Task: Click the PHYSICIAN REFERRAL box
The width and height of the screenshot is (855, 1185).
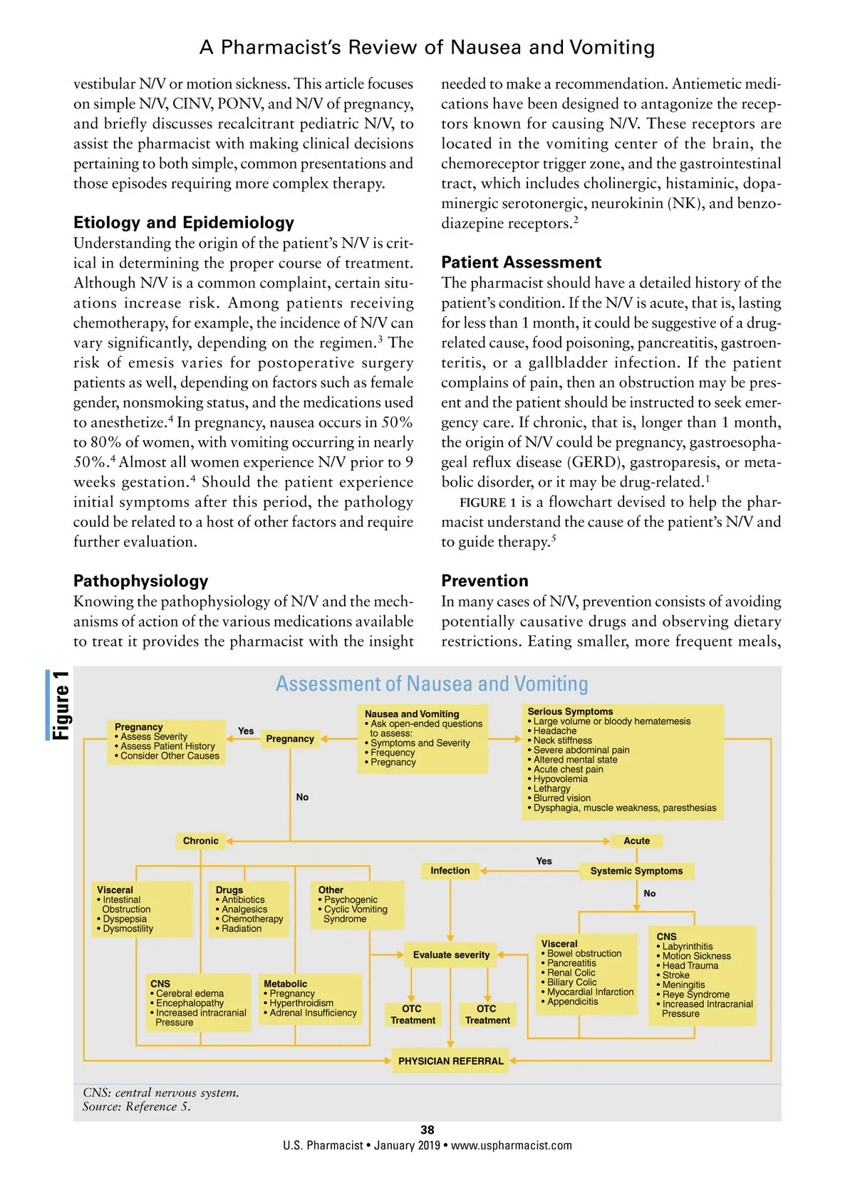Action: [450, 1060]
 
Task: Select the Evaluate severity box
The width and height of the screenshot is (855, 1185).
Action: [451, 954]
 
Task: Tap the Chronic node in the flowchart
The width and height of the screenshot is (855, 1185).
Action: [200, 840]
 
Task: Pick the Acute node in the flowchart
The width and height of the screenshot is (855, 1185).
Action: [636, 840]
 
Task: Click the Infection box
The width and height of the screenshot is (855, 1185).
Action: [450, 870]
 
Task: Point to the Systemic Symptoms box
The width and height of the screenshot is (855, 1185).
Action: [636, 870]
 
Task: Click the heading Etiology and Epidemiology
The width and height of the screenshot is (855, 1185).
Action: [184, 222]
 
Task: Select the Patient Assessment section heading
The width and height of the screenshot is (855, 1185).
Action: [521, 262]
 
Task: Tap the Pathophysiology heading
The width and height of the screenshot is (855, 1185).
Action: [140, 580]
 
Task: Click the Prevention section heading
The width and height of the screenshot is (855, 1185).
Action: [484, 580]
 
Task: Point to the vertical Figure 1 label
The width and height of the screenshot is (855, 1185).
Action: [61, 705]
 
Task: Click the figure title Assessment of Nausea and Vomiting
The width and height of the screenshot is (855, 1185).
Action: [432, 684]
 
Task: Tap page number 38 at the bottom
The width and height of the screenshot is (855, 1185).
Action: [427, 1129]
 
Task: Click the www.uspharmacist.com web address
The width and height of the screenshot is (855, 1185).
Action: [511, 1145]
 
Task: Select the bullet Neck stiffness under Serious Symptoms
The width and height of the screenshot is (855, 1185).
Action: [562, 741]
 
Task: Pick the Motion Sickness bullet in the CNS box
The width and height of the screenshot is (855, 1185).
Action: [696, 956]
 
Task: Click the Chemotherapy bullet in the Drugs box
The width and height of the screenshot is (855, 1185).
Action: [252, 919]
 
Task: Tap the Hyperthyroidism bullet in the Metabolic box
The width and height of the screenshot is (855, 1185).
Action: [301, 1003]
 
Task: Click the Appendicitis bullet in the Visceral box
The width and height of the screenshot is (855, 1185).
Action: [572, 1001]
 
